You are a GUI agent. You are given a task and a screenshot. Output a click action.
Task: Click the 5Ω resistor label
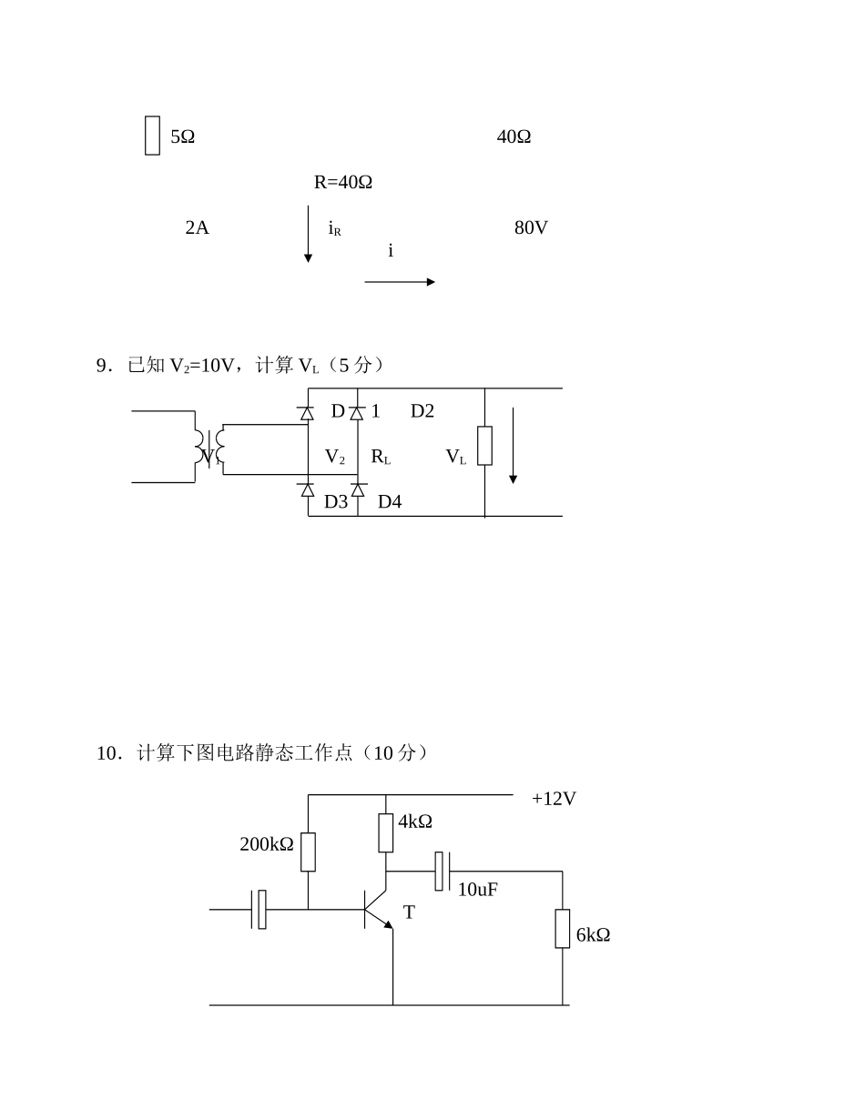(x=182, y=136)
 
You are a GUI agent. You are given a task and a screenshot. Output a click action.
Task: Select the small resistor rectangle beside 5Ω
(x=152, y=136)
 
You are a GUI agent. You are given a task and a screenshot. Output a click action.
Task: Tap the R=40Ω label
(x=343, y=182)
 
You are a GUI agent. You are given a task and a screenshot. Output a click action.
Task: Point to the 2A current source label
(x=197, y=227)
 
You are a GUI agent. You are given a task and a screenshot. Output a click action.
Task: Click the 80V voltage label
(x=531, y=227)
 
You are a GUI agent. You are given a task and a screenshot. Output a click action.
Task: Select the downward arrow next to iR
(x=308, y=235)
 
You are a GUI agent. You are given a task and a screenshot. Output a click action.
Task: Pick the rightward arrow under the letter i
(x=400, y=282)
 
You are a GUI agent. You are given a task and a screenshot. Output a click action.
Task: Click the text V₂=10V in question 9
(x=202, y=366)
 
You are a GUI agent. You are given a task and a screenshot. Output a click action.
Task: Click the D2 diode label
(x=422, y=411)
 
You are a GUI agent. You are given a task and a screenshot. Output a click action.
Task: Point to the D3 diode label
(x=336, y=502)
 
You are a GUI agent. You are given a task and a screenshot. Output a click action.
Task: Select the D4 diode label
(x=390, y=502)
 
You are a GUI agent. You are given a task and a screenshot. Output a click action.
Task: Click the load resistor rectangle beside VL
(x=484, y=446)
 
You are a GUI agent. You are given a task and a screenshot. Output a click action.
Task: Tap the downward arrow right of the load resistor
(x=513, y=446)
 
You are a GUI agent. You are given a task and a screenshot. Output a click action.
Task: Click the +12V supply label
(x=554, y=799)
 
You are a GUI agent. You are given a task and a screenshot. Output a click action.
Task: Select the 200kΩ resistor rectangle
(x=308, y=852)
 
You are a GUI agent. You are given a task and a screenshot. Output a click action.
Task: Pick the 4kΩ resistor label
(x=415, y=822)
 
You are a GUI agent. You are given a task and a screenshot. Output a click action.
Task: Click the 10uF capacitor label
(x=477, y=890)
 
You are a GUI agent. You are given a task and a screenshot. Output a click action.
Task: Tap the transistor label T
(x=409, y=912)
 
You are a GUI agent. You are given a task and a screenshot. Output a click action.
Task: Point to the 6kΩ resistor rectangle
(x=563, y=928)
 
